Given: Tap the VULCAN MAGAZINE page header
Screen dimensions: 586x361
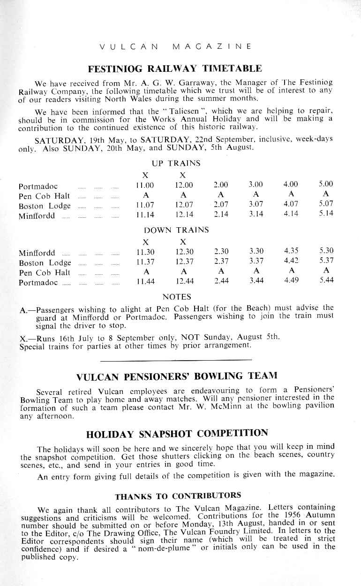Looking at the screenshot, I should [x=176, y=46].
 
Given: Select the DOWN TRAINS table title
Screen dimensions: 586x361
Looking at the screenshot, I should [x=176, y=230].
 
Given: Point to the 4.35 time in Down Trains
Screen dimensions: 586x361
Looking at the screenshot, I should [x=291, y=252].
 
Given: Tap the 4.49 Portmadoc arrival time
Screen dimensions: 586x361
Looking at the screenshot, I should [x=291, y=282].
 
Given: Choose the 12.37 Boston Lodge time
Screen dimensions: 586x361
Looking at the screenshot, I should [x=183, y=262].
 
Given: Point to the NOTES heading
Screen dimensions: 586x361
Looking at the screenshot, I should [x=176, y=297].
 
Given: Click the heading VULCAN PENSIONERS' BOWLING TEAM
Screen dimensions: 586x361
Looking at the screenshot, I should [x=176, y=376].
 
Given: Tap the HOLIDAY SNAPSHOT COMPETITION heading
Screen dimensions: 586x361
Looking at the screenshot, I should [x=177, y=433].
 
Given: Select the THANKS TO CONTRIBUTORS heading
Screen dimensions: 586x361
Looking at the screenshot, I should [x=178, y=496].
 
